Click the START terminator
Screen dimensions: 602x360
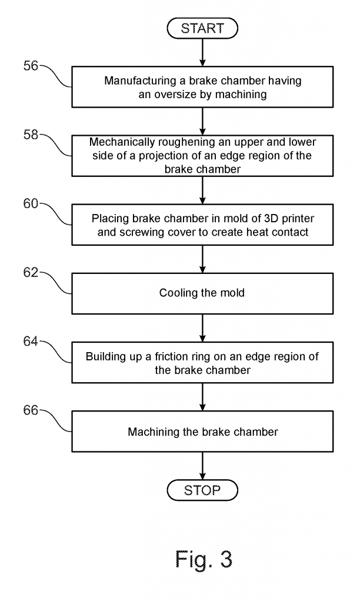tap(202, 28)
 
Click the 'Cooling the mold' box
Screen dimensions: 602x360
tap(202, 293)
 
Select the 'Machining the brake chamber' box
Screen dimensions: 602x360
tap(202, 432)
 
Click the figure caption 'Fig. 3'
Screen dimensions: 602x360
tap(204, 559)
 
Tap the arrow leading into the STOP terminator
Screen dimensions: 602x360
tap(202, 465)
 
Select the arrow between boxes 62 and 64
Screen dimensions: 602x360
tap(202, 327)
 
